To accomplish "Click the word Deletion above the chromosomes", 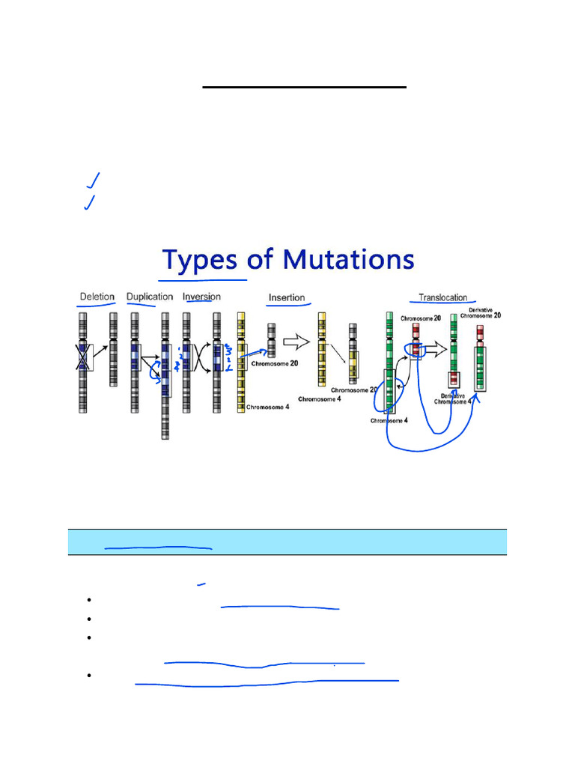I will (x=97, y=297).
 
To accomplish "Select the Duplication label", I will (x=150, y=297).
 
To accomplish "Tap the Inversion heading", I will (x=201, y=297).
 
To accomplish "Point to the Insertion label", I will (x=287, y=298).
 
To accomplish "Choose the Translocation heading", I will (x=442, y=298).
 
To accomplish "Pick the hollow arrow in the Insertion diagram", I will (x=296, y=344).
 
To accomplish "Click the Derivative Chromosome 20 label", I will (x=484, y=313).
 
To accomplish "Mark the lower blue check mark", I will (x=90, y=202).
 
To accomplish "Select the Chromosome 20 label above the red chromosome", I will (x=420, y=318).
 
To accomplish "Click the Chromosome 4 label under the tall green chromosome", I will (x=389, y=421).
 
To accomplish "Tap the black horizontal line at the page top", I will (x=304, y=88).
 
